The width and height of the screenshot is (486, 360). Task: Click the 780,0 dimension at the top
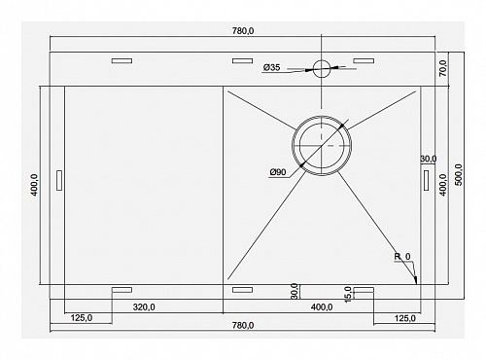pos(243,31)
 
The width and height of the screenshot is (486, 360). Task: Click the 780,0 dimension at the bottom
pos(243,325)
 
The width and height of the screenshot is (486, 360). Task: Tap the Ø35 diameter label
pos(271,67)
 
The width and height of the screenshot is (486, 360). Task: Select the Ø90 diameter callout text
pos(278,172)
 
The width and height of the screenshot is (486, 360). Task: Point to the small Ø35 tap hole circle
pos(322,68)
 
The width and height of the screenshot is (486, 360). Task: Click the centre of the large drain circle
pos(322,146)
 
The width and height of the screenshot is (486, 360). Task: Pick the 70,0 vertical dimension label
pos(443,68)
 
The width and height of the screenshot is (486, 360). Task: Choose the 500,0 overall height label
pos(459,175)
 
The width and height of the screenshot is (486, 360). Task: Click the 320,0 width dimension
pos(144,306)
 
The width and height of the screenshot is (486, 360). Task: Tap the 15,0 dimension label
pos(348,295)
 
